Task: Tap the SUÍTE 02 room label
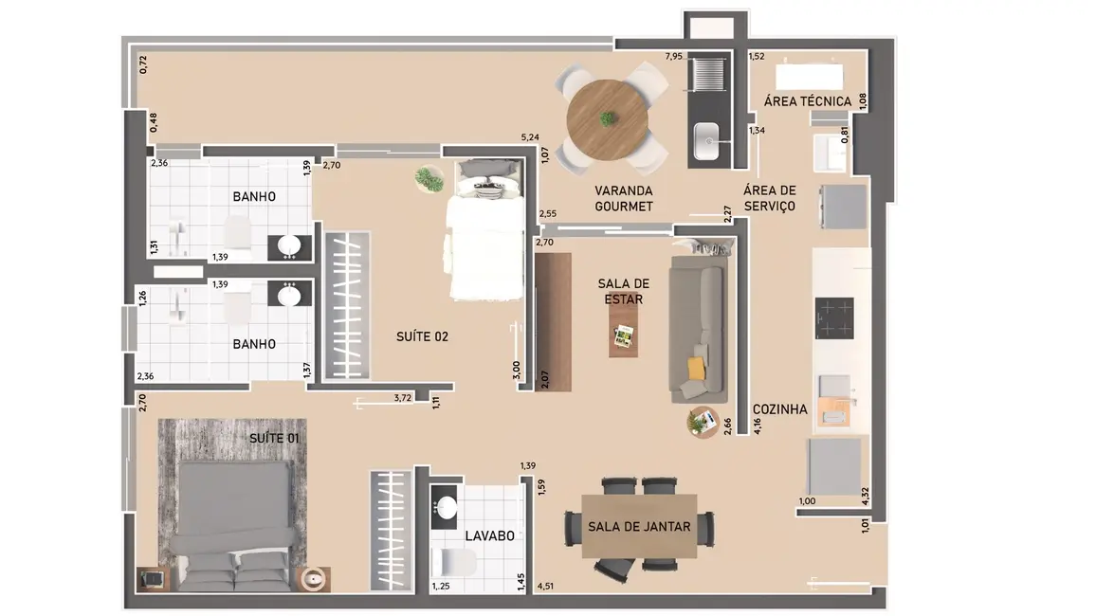click(422, 336)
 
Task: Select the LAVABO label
click(489, 535)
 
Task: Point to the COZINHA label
click(779, 409)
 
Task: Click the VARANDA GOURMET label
click(623, 197)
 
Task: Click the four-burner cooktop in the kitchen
click(835, 317)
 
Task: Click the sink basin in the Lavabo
click(444, 507)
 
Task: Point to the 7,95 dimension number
click(673, 57)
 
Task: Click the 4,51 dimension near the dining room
click(545, 587)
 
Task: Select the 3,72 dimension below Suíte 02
click(403, 399)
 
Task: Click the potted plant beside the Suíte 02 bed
click(429, 178)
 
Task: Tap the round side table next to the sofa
click(703, 422)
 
